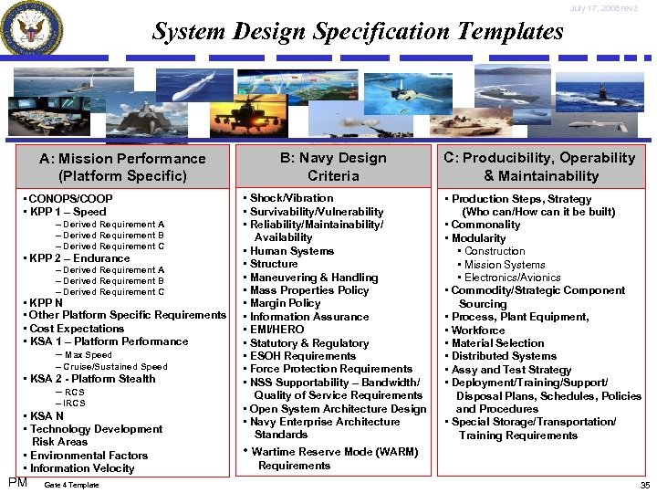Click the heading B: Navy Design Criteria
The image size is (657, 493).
coord(334,166)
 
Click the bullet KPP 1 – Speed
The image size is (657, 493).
coord(68,212)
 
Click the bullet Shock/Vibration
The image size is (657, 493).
coord(290,198)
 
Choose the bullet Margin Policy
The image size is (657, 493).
coord(287,303)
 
